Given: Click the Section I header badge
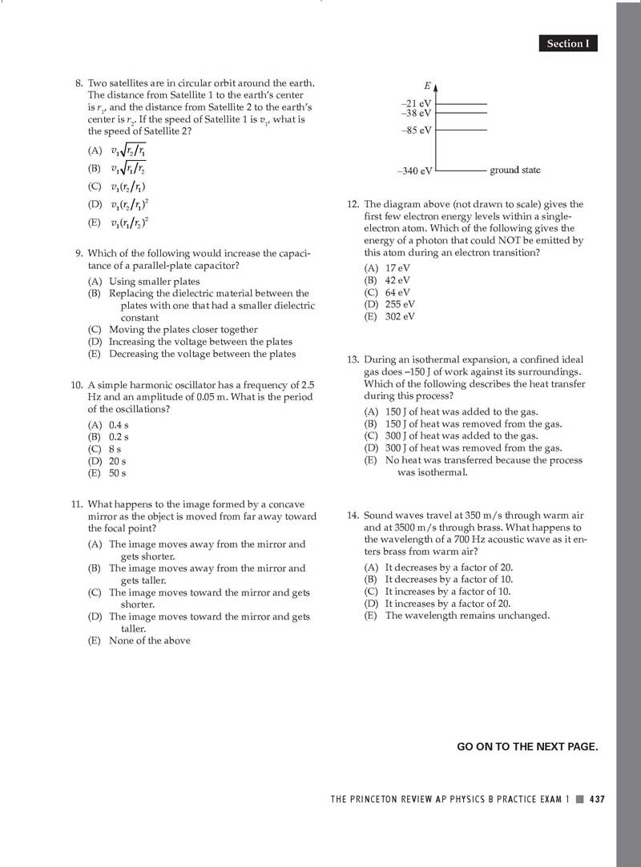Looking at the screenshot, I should (567, 44).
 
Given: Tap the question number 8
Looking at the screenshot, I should (79, 83).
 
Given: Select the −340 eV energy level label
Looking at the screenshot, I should (415, 171).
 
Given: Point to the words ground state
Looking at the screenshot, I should (514, 171).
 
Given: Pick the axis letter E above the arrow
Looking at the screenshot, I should (428, 86).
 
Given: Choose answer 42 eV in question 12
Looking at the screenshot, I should (397, 280).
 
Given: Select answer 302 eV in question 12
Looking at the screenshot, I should (400, 316).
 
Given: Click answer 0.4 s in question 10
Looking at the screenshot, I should (119, 425).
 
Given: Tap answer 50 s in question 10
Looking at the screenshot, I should (117, 473).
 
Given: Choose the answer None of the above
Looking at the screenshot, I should (149, 640).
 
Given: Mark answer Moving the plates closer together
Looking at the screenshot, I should (183, 329).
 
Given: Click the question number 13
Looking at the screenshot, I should (353, 360).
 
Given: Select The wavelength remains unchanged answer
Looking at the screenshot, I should (467, 616).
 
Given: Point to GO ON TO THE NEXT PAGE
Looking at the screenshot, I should (527, 747).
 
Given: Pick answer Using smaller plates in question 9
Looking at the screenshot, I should (154, 281).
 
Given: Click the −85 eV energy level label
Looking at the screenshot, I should (417, 130).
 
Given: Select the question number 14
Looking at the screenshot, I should (353, 516).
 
